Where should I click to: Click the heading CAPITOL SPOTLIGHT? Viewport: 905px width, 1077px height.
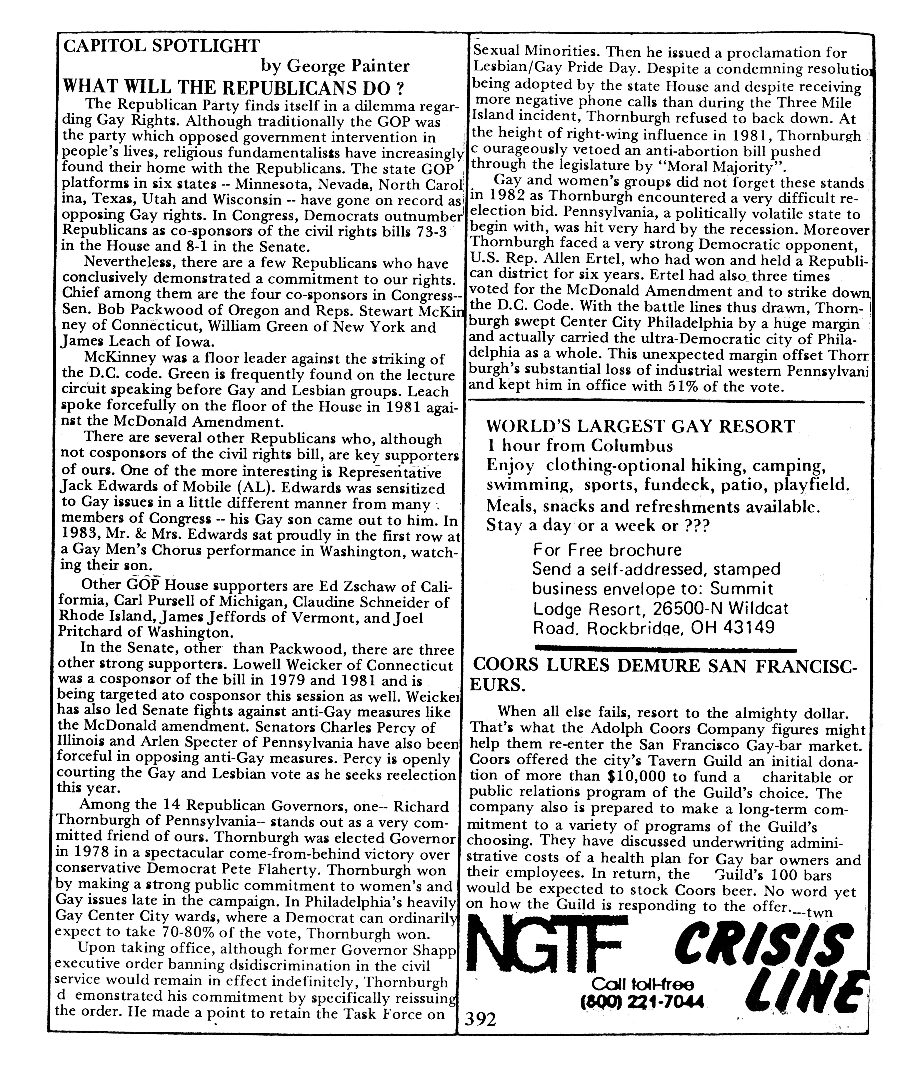[161, 46]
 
